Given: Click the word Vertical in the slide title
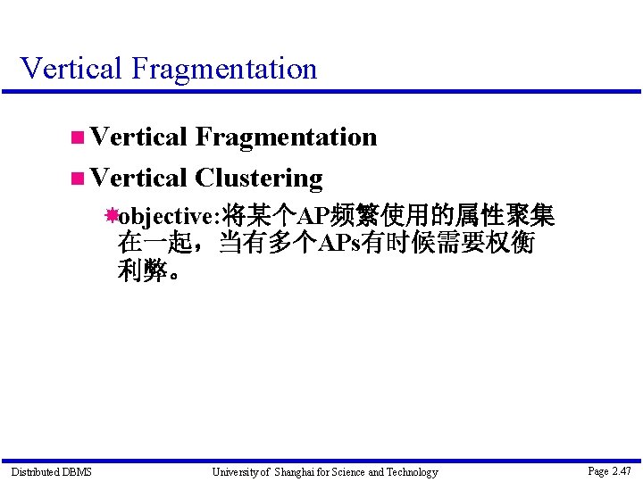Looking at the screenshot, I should click(70, 68).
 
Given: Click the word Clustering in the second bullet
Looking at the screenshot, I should click(259, 179).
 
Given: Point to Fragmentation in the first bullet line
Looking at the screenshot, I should click(286, 137).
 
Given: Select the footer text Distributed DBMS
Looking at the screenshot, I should click(51, 471).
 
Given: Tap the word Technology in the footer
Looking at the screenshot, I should click(412, 471).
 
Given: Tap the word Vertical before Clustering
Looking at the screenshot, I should click(138, 179).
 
